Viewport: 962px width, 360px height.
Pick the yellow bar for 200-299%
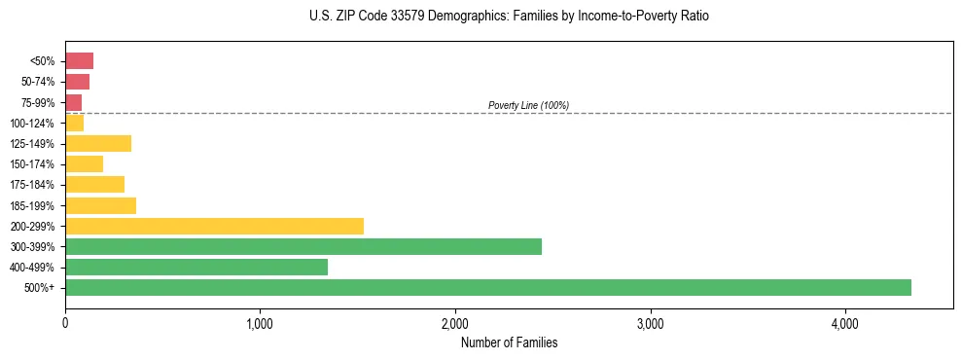[x=214, y=226]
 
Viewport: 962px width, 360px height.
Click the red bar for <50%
[x=79, y=61]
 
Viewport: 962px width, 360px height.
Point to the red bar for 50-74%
[x=77, y=82]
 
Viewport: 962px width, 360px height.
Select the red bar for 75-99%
[x=73, y=102]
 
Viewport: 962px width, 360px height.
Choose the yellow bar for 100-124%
[x=74, y=123]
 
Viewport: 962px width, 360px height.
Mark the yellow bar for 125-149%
[x=98, y=143]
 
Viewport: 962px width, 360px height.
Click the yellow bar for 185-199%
[x=100, y=205]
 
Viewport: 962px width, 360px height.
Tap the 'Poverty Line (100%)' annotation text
[x=528, y=105]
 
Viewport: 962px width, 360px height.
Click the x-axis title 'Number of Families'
[x=509, y=342]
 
